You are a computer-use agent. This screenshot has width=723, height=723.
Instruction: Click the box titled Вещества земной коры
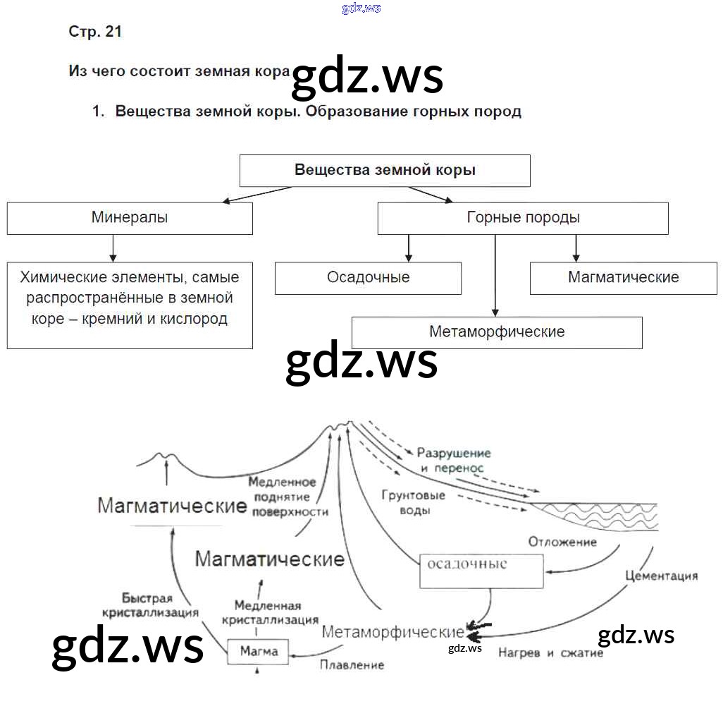[385, 171]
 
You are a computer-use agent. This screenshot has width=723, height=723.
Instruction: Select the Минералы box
[130, 218]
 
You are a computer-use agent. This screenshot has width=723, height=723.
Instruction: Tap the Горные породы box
[523, 218]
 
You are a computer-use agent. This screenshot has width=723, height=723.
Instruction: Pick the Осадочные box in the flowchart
[368, 278]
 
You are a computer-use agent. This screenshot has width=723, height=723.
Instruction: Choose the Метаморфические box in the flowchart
[497, 332]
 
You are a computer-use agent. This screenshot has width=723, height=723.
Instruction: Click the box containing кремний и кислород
[130, 305]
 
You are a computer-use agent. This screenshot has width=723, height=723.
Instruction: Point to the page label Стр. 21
[95, 32]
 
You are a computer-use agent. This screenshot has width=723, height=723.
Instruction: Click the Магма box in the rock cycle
[258, 650]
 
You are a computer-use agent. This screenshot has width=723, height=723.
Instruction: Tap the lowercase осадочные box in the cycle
[481, 571]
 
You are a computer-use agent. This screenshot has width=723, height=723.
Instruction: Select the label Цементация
[661, 576]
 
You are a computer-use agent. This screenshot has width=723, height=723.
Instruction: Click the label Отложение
[562, 542]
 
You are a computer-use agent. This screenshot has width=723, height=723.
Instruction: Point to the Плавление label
[352, 664]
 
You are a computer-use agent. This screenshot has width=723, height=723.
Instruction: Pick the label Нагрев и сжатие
[550, 653]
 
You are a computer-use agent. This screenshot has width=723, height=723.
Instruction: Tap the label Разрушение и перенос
[453, 460]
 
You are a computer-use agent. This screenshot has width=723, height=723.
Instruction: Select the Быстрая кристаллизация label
[149, 605]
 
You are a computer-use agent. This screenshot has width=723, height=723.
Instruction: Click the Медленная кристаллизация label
[270, 612]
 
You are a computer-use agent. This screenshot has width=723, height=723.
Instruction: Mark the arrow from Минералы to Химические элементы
[112, 248]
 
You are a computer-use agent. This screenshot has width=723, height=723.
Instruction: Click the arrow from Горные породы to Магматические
[576, 248]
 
